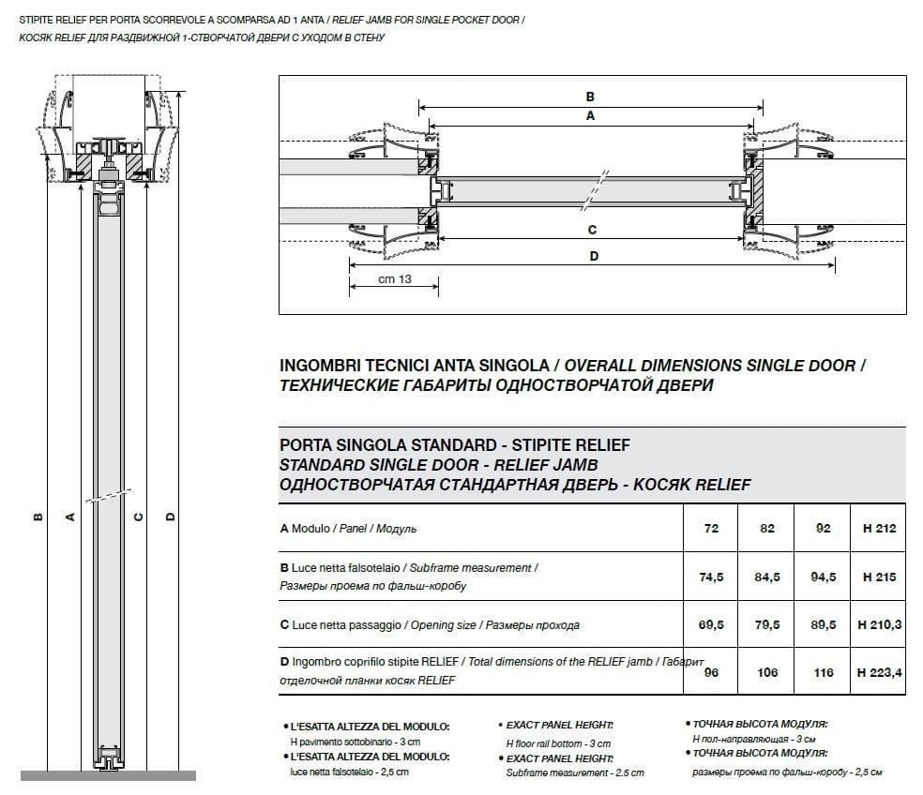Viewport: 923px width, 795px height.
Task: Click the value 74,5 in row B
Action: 711,577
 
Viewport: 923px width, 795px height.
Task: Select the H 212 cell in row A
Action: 879,529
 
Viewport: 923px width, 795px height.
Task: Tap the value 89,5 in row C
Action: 823,625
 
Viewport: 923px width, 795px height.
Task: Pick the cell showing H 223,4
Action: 879,673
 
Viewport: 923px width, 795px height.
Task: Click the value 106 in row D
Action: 767,673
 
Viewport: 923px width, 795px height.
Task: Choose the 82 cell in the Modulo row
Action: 767,529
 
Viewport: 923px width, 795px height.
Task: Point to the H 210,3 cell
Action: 879,625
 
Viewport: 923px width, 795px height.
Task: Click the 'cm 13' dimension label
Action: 394,279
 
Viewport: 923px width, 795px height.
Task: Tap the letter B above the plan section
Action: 590,97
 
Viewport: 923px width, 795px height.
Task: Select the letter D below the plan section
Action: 593,255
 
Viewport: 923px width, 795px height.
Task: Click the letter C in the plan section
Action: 592,230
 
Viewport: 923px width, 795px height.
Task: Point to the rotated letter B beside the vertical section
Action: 37,516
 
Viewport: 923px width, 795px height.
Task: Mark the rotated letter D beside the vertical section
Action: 170,516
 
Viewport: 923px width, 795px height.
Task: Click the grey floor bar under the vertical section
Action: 108,775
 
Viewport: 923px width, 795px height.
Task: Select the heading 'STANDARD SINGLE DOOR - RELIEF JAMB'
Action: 439,464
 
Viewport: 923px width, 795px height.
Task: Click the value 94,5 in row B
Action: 823,577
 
